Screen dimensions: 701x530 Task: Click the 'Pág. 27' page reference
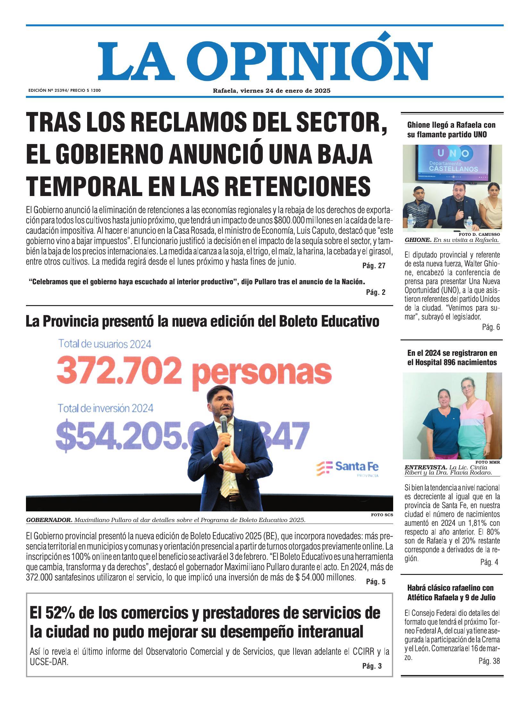[374, 266]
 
